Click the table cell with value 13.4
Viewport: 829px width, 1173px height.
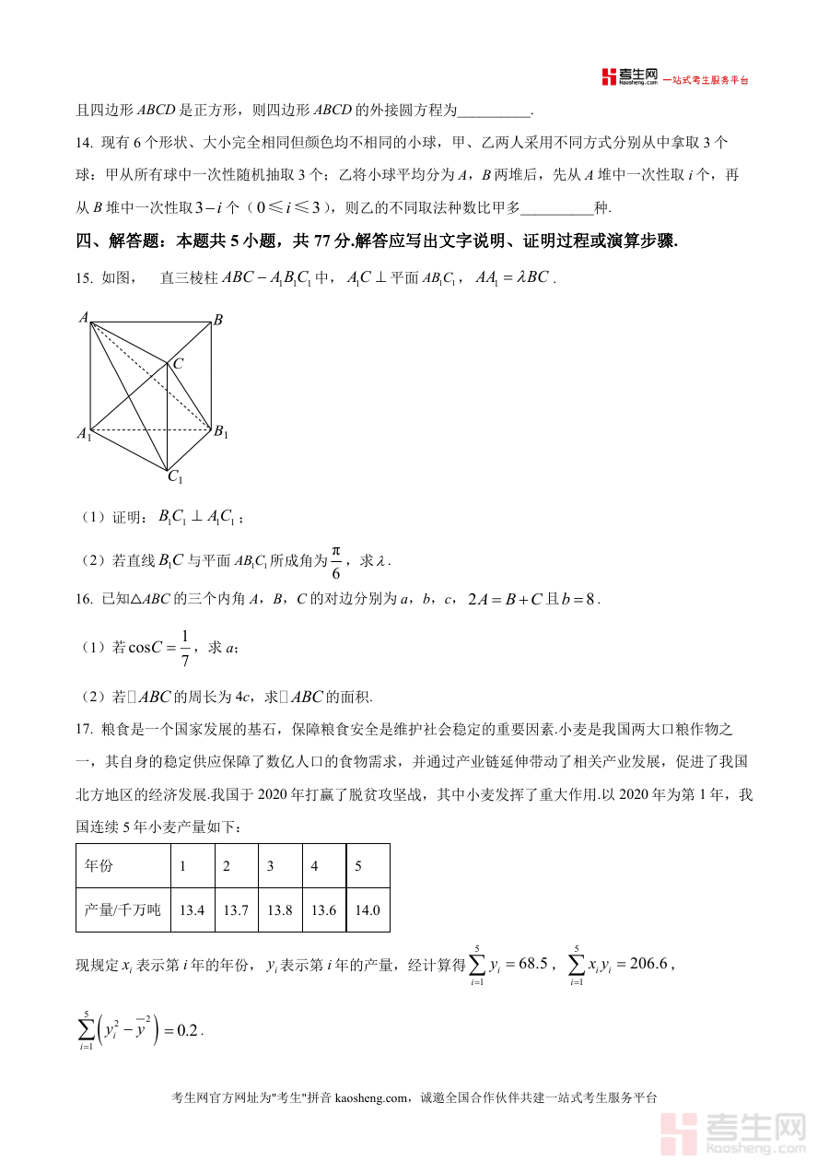tap(192, 910)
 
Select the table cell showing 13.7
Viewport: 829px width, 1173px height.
tap(236, 910)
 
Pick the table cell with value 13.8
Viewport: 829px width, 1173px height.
tap(280, 910)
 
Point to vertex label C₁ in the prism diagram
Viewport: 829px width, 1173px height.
tap(174, 477)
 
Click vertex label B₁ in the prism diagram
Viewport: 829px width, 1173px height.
tap(221, 432)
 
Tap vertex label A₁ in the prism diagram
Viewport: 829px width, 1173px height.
tap(83, 433)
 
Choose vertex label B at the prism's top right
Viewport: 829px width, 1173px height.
tap(218, 321)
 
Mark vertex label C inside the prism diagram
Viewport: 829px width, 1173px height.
tap(178, 364)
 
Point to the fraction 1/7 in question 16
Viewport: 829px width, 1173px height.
tap(184, 648)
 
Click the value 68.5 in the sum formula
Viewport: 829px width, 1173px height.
tap(533, 965)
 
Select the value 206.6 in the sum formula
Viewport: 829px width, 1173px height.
tap(647, 965)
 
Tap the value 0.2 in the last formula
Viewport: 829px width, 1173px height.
tap(187, 1031)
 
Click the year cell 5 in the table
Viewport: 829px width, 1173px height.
tap(358, 866)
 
